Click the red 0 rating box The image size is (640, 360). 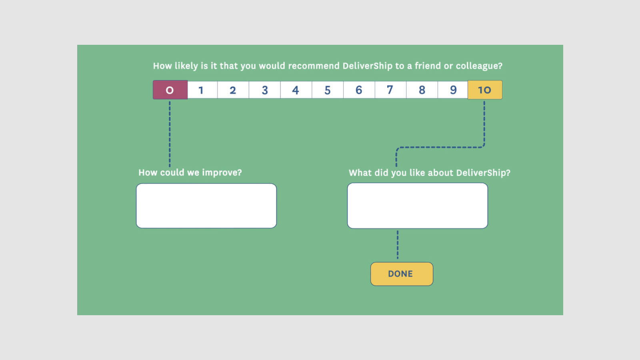pyautogui.click(x=170, y=90)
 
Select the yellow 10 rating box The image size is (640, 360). pyautogui.click(x=485, y=90)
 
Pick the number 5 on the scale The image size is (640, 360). pyautogui.click(x=328, y=90)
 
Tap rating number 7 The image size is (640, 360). pyautogui.click(x=390, y=90)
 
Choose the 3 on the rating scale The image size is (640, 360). pyautogui.click(x=264, y=90)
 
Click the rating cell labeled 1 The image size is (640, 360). pyautogui.click(x=201, y=90)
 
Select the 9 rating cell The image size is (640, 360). pyautogui.click(x=453, y=90)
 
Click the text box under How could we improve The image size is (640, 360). pyautogui.click(x=206, y=206)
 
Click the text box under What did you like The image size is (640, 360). pyautogui.click(x=418, y=206)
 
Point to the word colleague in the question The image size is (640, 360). pyautogui.click(x=479, y=66)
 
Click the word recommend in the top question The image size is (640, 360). pyautogui.click(x=314, y=66)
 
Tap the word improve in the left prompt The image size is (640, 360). pyautogui.click(x=222, y=173)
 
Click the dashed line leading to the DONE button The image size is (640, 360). pyautogui.click(x=398, y=245)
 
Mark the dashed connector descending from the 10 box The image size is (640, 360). pyautogui.click(x=484, y=124)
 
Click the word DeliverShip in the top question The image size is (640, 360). pyautogui.click(x=367, y=66)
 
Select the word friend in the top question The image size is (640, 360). pyautogui.click(x=428, y=66)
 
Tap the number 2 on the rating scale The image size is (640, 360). pyautogui.click(x=233, y=90)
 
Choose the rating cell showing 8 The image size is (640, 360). pyautogui.click(x=422, y=90)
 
